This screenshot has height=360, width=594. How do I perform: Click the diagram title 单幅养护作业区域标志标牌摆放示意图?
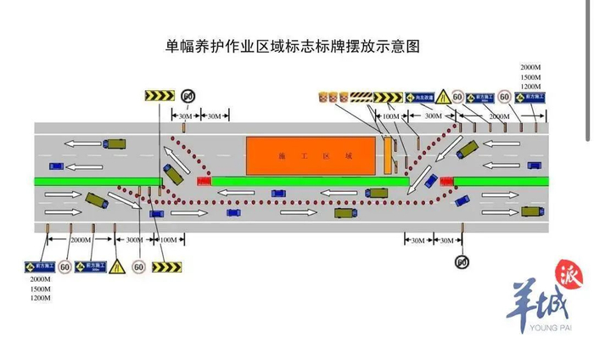[x=293, y=45]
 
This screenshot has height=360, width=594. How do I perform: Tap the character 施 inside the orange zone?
[x=281, y=158]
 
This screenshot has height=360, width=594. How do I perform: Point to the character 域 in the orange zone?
[x=349, y=158]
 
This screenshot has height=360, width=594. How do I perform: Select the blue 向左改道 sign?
[x=419, y=98]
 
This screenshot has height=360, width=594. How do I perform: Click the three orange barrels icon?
[x=333, y=97]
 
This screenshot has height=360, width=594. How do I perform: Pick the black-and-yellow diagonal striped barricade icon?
[x=361, y=97]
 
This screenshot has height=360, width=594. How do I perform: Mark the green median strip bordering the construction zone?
[x=310, y=181]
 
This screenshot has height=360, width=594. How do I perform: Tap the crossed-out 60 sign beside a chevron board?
[x=188, y=95]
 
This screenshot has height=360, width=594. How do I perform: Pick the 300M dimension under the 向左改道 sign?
[x=433, y=115]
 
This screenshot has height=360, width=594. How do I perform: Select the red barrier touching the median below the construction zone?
[x=205, y=181]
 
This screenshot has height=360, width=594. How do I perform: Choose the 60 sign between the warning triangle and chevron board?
[x=138, y=267]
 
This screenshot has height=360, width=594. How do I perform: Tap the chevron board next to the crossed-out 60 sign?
[x=158, y=95]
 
